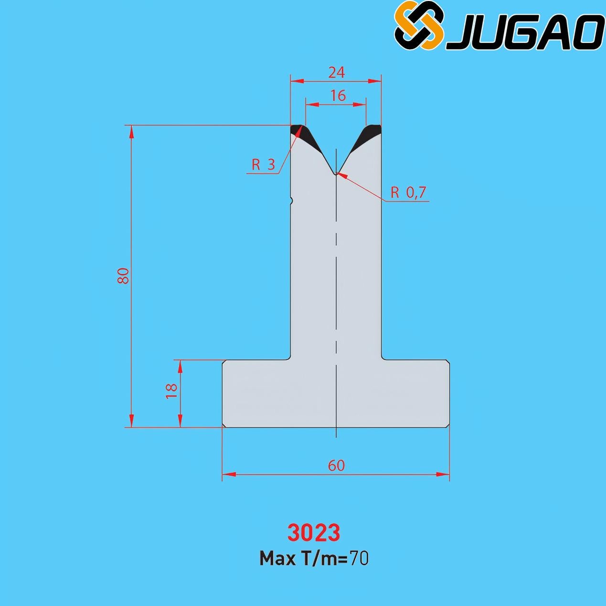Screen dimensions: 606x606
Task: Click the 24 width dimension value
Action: [337, 73]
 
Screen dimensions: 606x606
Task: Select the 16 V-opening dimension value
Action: [338, 96]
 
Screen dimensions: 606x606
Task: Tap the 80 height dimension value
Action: [123, 276]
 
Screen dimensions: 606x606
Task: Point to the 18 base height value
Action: [172, 392]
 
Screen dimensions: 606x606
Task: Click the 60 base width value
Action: [336, 465]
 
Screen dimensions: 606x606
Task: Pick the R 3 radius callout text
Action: [263, 164]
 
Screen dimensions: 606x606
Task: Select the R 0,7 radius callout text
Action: [408, 192]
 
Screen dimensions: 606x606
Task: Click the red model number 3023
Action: [314, 532]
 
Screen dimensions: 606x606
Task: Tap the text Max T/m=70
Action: [314, 559]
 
